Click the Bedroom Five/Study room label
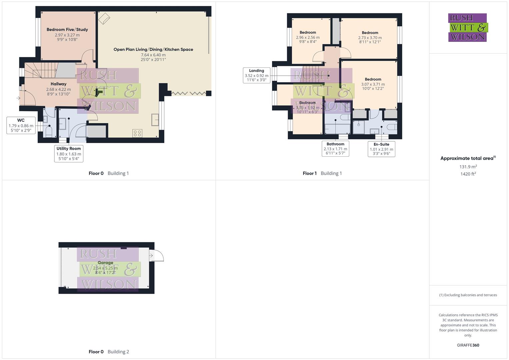point(67,29)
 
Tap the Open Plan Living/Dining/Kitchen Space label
point(153,49)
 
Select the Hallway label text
point(58,84)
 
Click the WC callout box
point(21,125)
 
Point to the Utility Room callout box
point(69,154)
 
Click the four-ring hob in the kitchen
point(137,133)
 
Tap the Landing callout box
point(256,75)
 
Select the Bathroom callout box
point(335,149)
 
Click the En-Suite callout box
point(381,149)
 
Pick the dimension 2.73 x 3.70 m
point(370,38)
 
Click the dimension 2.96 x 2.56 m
point(308,37)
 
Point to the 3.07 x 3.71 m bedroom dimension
point(373,84)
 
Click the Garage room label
point(105,263)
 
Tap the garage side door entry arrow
point(151,256)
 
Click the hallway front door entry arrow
point(18,98)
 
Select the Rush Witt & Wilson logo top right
point(468,28)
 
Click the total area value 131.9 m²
point(468,167)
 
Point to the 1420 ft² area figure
point(468,174)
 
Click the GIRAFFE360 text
point(468,345)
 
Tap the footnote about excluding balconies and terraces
point(468,295)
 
